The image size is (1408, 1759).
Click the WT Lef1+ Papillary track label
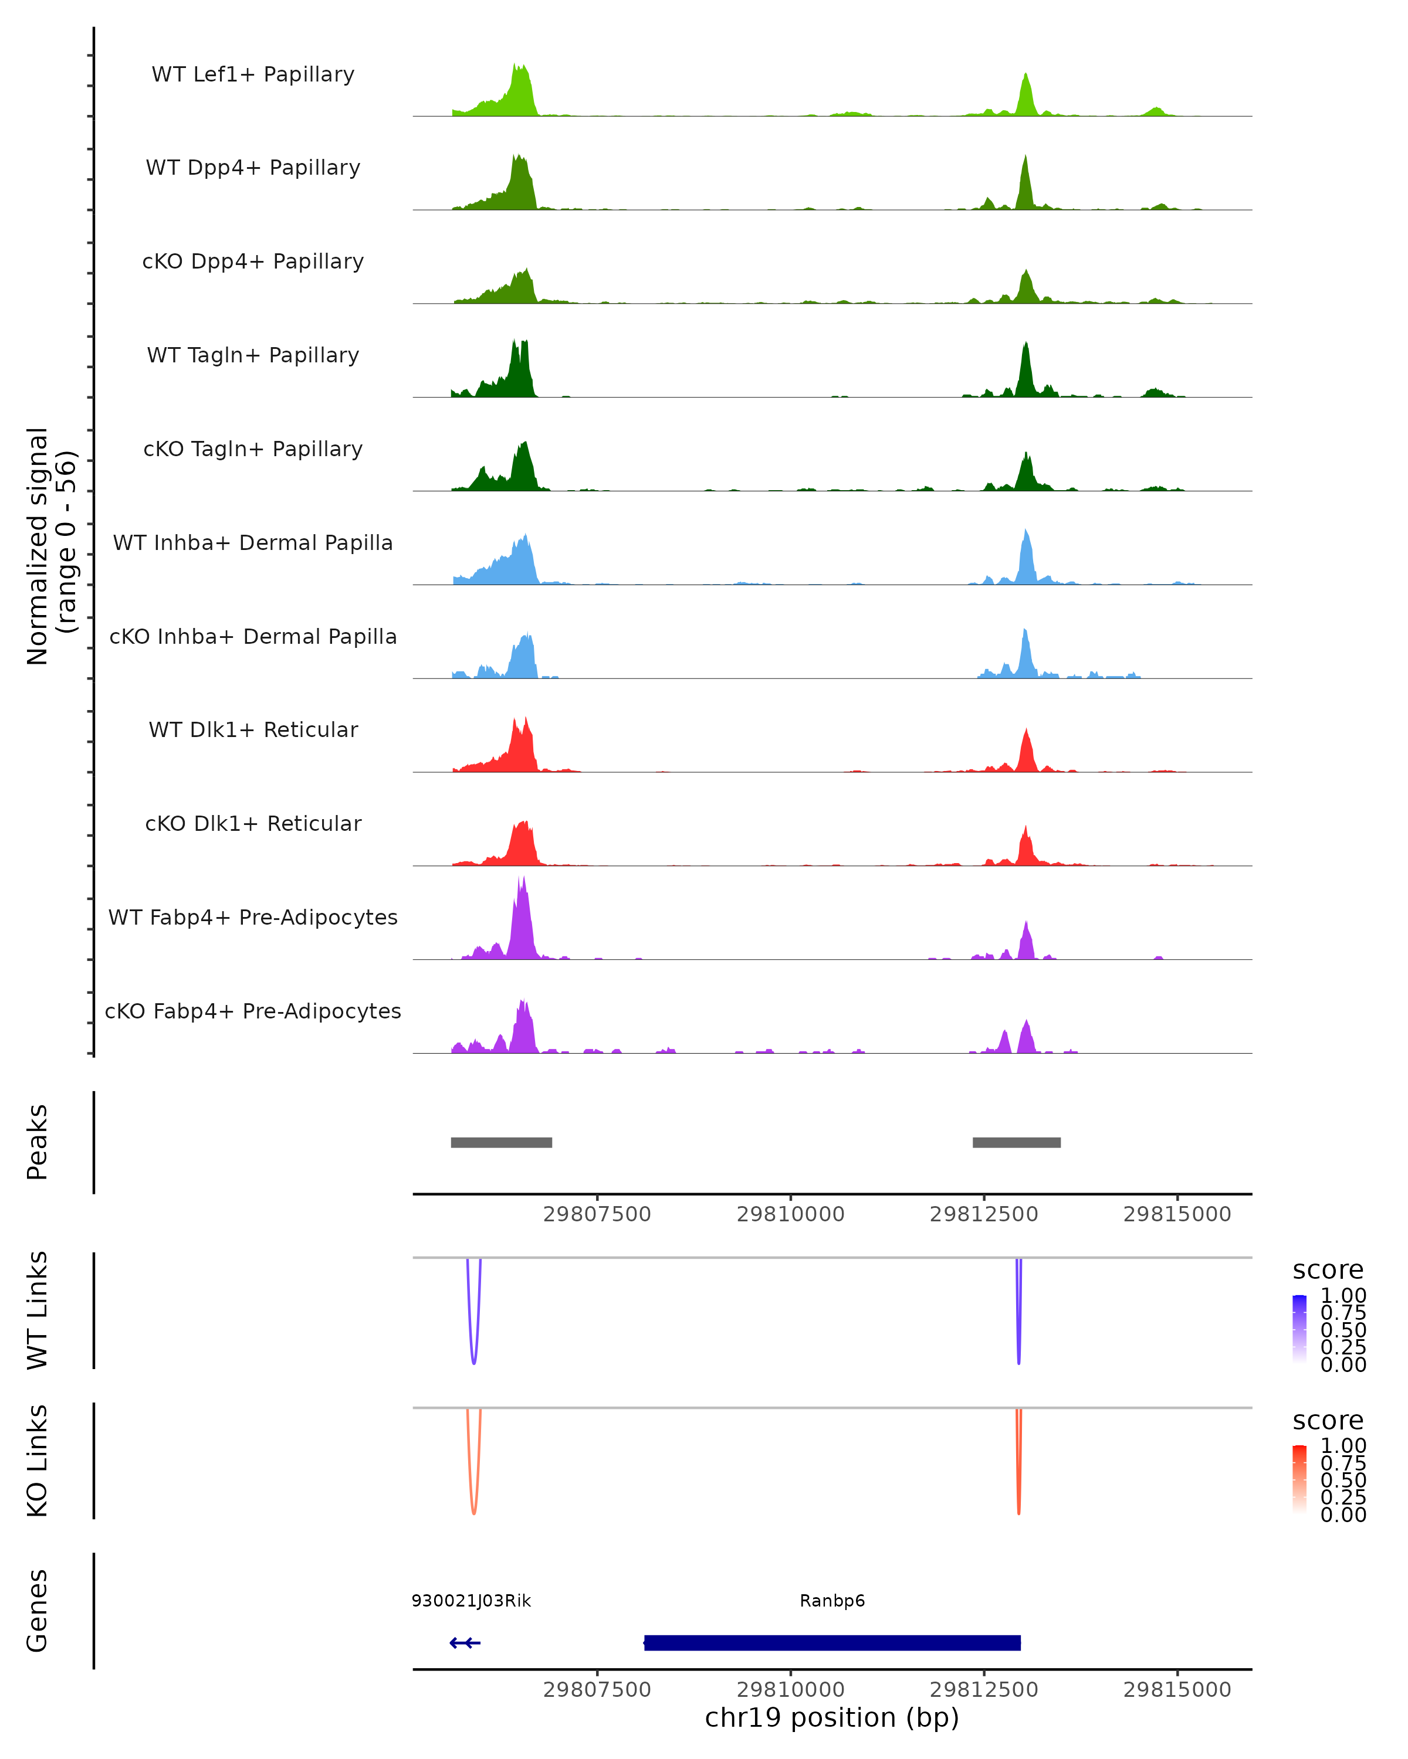[253, 74]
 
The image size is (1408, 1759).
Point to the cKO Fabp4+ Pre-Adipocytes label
[253, 1011]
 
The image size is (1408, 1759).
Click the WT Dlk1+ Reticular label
[253, 729]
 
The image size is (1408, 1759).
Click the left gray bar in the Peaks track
[501, 1142]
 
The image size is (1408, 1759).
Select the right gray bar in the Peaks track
[1016, 1142]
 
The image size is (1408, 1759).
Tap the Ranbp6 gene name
[832, 1601]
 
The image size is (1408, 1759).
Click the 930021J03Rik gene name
[471, 1601]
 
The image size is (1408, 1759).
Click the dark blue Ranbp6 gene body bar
[832, 1642]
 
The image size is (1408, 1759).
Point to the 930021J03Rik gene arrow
[465, 1642]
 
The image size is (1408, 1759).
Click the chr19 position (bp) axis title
[832, 1717]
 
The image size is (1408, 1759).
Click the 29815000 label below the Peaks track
[1177, 1214]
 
